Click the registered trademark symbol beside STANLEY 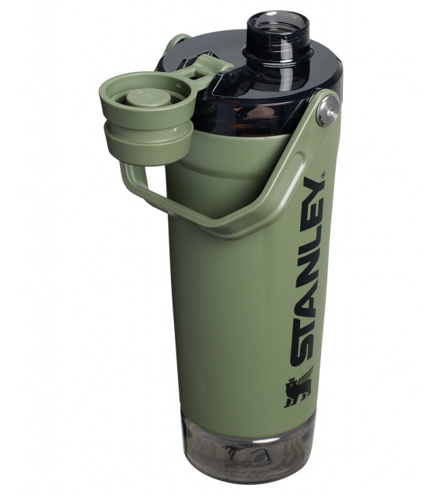[x=322, y=174]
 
